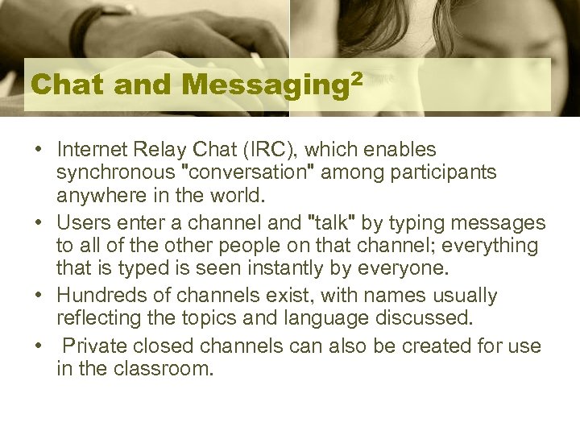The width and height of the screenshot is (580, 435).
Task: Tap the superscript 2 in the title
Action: click(x=356, y=78)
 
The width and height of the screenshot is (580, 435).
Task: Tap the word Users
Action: click(x=81, y=222)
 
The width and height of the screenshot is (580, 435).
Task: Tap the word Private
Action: click(x=91, y=346)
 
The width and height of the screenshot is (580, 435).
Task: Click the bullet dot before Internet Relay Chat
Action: click(x=38, y=151)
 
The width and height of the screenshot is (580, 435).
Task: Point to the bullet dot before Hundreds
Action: click(x=38, y=296)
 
